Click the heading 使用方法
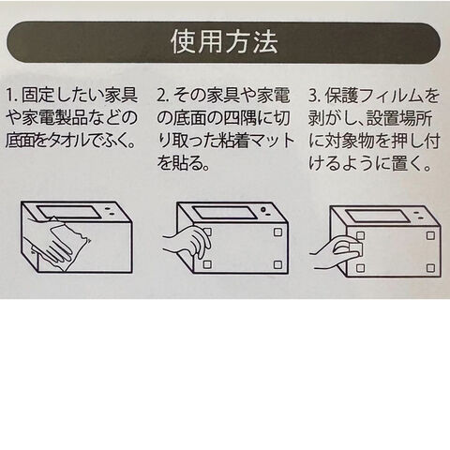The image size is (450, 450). point(224,42)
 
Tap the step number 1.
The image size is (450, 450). point(9,96)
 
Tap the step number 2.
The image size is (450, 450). point(161,96)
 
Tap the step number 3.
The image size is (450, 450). point(314,96)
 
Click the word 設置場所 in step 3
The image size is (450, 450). point(399,119)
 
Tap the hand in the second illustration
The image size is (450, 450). point(187,242)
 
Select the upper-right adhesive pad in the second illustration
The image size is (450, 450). point(277,232)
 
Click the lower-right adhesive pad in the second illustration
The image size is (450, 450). point(277,264)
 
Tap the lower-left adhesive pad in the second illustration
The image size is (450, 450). point(207,264)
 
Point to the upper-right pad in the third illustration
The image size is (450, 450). point(430,235)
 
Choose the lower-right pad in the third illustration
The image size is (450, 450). point(430,268)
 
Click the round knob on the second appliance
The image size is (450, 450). point(263,209)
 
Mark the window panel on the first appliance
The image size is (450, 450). point(69,212)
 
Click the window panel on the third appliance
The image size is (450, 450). point(377,216)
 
